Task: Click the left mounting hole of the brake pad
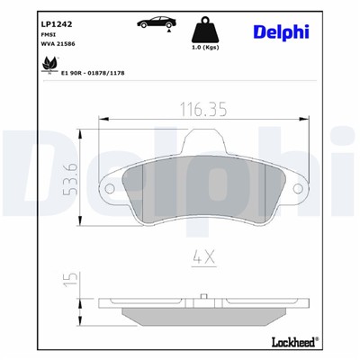point(109,188)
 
